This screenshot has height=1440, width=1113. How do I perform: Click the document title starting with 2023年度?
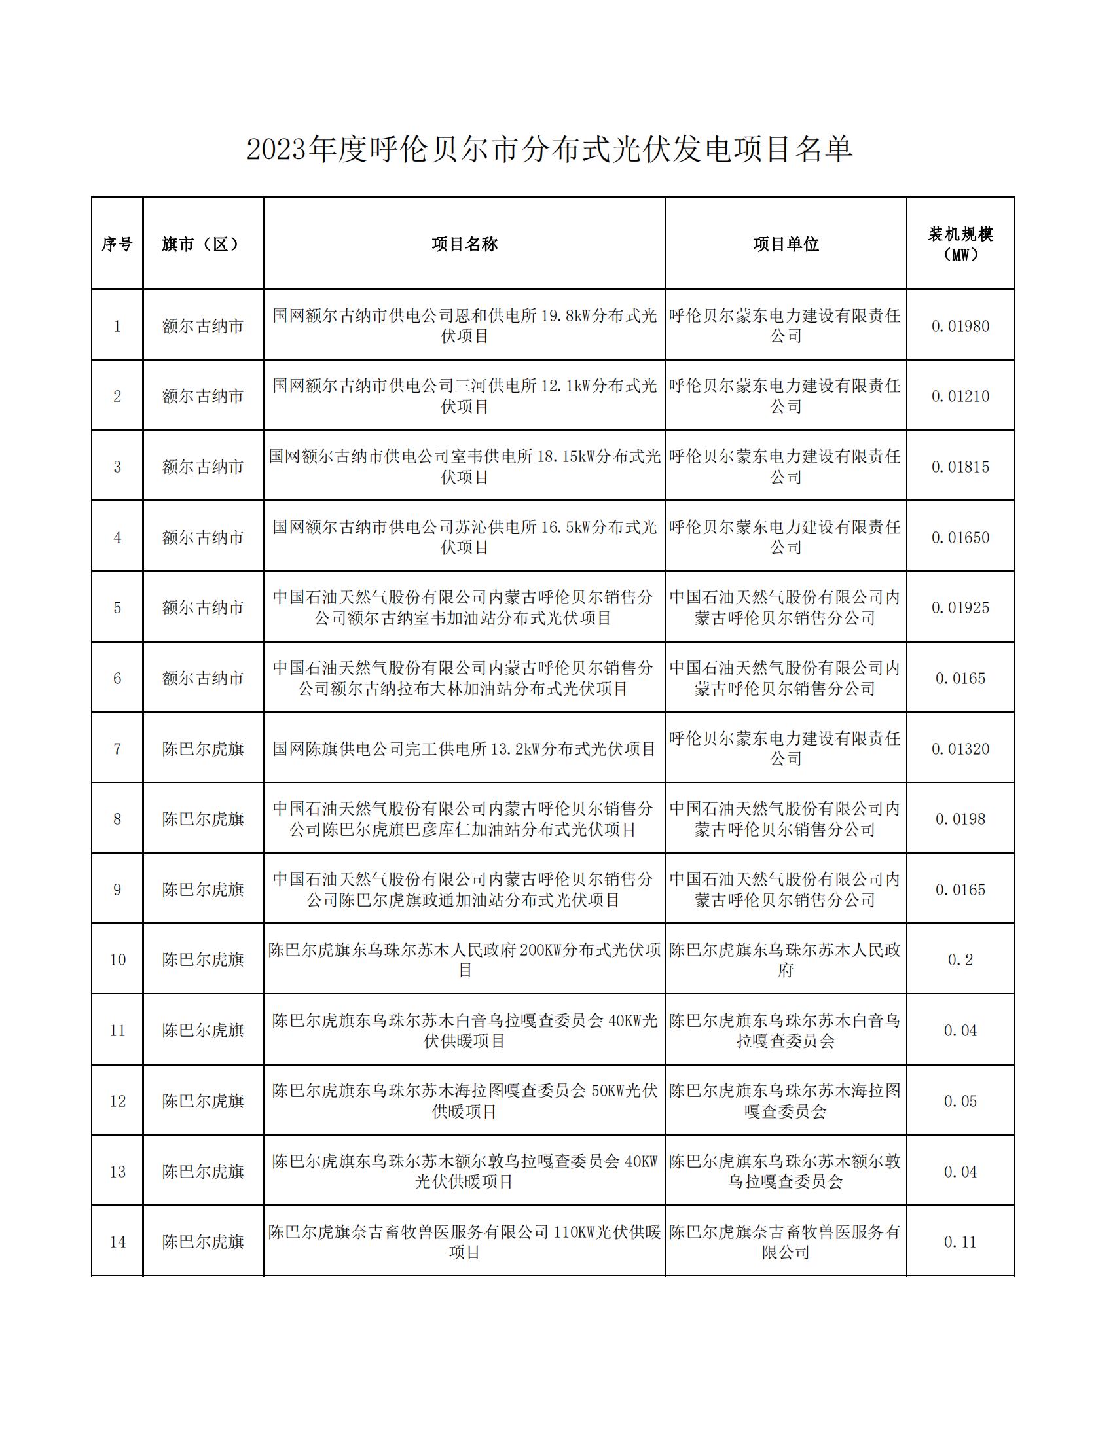point(549,151)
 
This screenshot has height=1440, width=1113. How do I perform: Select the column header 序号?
point(117,244)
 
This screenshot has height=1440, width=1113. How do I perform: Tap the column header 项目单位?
point(785,244)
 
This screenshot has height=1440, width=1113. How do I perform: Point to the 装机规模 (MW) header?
point(960,244)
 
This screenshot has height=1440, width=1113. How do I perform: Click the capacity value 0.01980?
point(960,326)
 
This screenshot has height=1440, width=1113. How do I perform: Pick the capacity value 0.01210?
point(960,396)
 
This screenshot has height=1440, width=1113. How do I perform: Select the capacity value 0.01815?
point(960,467)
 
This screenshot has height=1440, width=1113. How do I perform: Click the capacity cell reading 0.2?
point(960,960)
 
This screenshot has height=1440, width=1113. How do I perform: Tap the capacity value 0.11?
point(960,1242)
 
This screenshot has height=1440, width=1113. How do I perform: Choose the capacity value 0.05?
point(960,1101)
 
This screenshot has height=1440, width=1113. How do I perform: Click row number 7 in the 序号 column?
point(117,749)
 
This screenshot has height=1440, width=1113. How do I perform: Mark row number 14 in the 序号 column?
point(117,1242)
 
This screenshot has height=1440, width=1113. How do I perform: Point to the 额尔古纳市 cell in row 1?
point(203,326)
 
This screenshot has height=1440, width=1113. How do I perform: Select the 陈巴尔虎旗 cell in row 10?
point(203,960)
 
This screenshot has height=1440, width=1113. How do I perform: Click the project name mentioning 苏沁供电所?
point(464,537)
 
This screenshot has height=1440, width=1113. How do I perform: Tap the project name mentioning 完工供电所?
point(464,749)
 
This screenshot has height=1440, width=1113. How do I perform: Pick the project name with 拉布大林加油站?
point(464,679)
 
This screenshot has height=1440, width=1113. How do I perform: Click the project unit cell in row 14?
point(785,1242)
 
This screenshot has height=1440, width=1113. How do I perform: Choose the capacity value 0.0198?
point(960,819)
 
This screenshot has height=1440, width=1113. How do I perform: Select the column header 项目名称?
point(464,244)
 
